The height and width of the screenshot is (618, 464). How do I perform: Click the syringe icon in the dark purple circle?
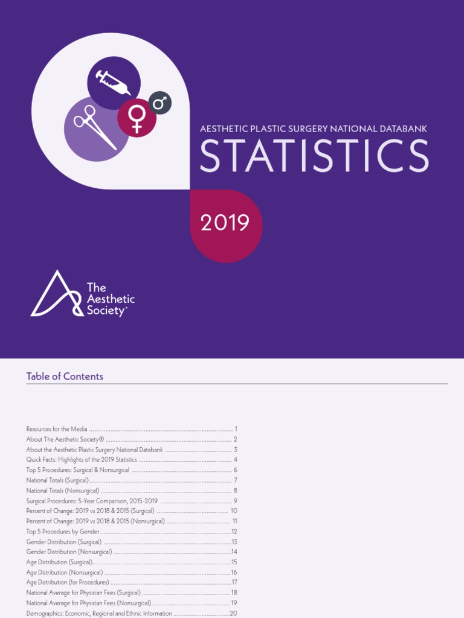(114, 83)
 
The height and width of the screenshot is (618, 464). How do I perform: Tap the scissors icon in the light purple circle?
(95, 127)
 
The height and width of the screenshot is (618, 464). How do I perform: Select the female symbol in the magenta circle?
(137, 118)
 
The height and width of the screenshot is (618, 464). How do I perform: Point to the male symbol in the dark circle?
(160, 103)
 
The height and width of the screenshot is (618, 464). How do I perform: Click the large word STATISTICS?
(314, 156)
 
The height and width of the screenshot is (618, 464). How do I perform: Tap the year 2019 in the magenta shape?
(225, 223)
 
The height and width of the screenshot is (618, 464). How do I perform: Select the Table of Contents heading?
(65, 376)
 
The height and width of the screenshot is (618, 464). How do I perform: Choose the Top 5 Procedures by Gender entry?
(63, 531)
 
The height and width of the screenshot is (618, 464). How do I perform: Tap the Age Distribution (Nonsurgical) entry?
(65, 572)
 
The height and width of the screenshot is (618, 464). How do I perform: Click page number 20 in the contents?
(233, 614)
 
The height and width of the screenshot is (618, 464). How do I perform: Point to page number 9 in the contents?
(235, 500)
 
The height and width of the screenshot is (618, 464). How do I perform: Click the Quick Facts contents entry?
(82, 459)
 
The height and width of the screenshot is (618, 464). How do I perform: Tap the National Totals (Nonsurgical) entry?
(63, 490)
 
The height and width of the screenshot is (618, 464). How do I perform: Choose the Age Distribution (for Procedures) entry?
(68, 582)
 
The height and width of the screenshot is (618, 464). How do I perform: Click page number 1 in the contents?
(236, 428)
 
